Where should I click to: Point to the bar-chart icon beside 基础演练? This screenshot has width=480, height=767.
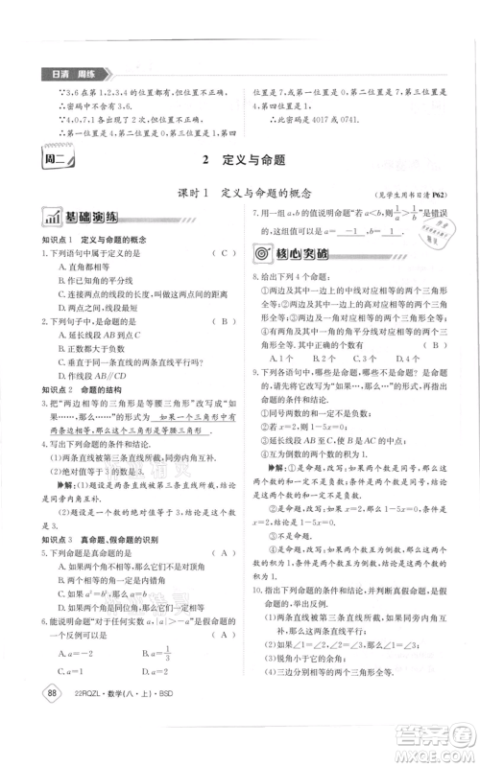47,216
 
